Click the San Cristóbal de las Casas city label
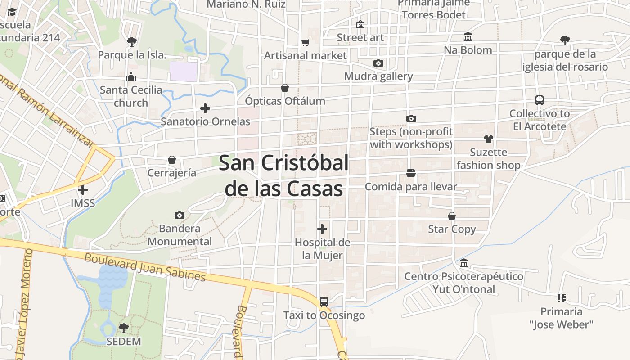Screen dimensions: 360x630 (x=283, y=175)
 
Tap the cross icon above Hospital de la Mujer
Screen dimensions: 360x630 (x=322, y=229)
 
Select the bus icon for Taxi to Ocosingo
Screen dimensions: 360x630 (x=324, y=302)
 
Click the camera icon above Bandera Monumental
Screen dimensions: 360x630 (x=179, y=216)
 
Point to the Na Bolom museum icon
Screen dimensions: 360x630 (x=468, y=37)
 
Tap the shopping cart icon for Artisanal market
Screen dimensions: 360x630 (x=306, y=43)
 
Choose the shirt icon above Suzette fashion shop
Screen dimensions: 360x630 (x=488, y=139)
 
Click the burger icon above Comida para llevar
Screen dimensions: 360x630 (x=410, y=173)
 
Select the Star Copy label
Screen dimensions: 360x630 (x=452, y=229)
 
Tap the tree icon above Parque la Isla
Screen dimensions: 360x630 (x=131, y=42)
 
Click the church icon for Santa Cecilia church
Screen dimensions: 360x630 (x=131, y=76)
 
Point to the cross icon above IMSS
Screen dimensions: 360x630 (x=83, y=190)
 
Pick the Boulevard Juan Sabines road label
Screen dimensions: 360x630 (x=145, y=267)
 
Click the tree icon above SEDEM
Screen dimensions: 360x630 (x=123, y=328)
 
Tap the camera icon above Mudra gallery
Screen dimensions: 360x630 (x=378, y=63)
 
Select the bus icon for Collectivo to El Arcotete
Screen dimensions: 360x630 (x=539, y=100)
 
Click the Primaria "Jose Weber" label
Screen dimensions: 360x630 (x=561, y=318)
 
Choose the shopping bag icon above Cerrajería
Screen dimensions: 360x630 (x=171, y=160)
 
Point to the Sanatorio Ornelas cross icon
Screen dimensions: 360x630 (x=205, y=108)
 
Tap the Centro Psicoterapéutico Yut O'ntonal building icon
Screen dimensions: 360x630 (x=463, y=263)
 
